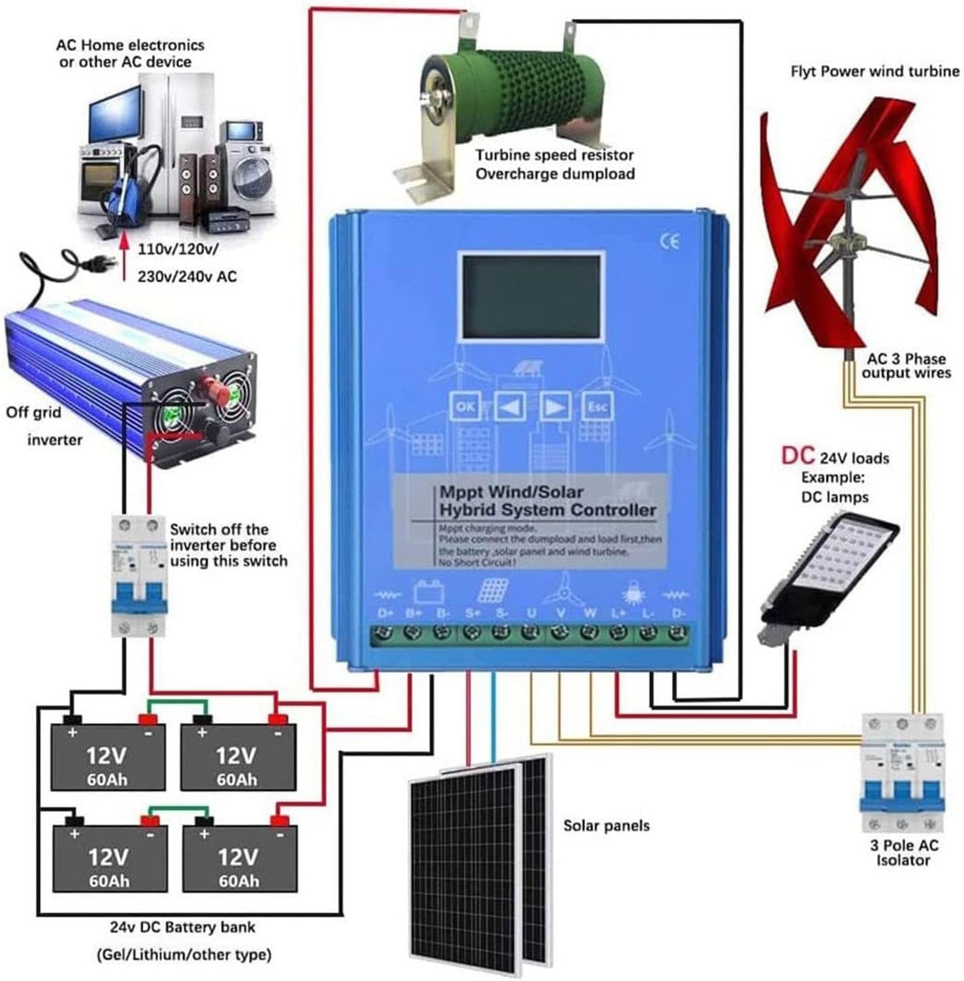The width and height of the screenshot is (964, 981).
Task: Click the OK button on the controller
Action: [466, 406]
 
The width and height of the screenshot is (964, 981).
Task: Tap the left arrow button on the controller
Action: [510, 406]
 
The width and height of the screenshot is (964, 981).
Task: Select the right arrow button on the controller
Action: [555, 406]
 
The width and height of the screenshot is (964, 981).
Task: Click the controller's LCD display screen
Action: [532, 297]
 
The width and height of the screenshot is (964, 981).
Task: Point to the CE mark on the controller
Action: [670, 241]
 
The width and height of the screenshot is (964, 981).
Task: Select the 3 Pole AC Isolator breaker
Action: [902, 773]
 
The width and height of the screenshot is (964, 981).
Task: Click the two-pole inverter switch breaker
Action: [139, 576]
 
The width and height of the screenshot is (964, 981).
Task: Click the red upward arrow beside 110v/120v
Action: [124, 258]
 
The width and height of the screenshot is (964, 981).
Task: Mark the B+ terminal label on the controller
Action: [414, 613]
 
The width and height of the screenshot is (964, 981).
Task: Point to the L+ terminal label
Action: [618, 613]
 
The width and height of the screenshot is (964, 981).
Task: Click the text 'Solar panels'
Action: [606, 826]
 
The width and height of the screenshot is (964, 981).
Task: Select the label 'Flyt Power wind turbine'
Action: [875, 71]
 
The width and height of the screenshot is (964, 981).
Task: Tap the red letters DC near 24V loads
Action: [797, 455]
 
